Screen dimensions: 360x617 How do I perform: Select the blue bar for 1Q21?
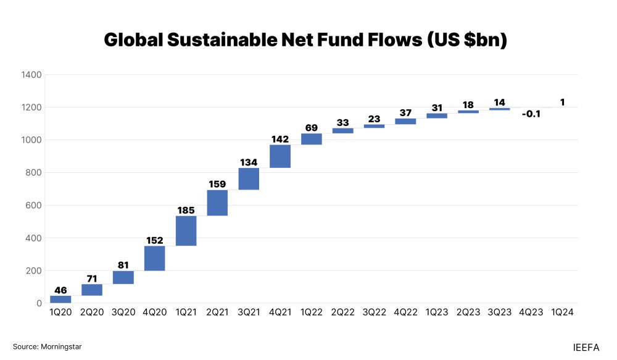point(186,230)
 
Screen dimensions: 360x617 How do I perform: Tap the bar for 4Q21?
point(280,156)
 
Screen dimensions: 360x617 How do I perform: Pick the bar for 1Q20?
point(60,299)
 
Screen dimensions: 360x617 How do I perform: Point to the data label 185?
point(186,210)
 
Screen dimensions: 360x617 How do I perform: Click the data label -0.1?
point(531,114)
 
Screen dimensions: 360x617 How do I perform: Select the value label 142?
point(280,139)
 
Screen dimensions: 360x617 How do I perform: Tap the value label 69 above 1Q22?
point(312,128)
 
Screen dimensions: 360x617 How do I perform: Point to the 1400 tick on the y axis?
point(31,75)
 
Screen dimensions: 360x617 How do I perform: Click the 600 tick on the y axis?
point(33,206)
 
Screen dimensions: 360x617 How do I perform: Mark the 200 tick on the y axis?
point(33,271)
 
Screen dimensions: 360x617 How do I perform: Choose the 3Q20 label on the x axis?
point(123,312)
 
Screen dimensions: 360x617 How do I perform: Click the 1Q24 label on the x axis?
point(561,312)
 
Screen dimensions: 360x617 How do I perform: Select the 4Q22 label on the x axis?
point(405,312)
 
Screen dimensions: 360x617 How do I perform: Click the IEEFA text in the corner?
point(586,348)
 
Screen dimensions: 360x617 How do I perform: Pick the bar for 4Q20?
point(154,258)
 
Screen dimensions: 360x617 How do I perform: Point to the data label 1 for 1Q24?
point(563,102)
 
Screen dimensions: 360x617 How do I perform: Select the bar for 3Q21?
point(249,178)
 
